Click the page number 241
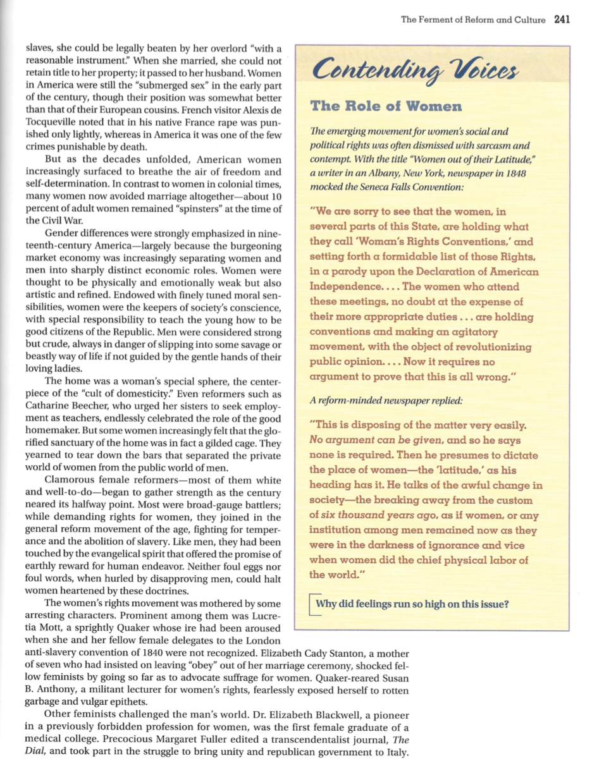[562, 20]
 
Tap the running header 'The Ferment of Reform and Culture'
[473, 20]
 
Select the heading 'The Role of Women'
[386, 106]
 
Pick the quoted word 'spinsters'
[201, 209]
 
